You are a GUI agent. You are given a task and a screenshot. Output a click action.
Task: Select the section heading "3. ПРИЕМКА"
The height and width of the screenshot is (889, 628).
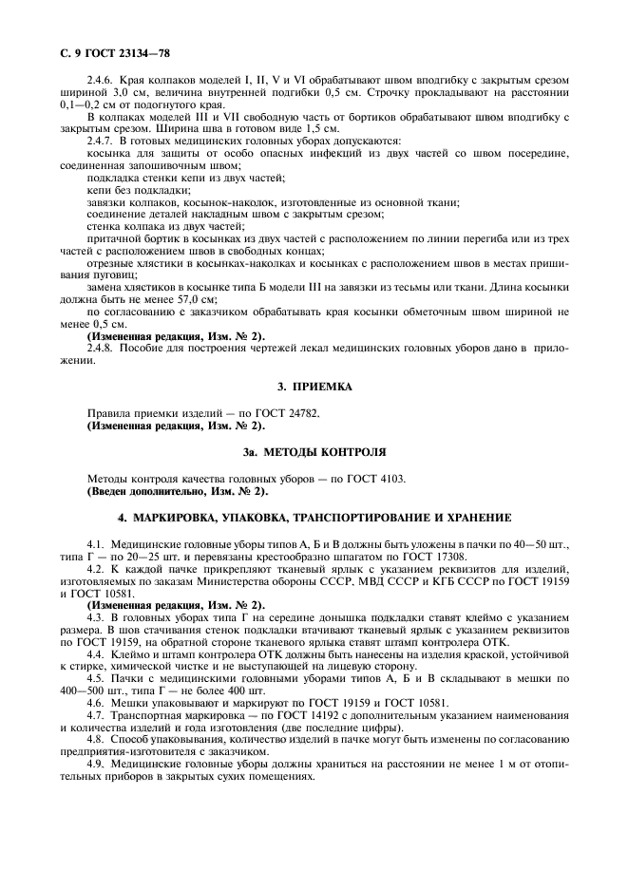[x=314, y=387]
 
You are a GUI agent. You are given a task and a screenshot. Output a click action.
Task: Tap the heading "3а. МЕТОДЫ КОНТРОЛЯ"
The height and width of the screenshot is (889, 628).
[x=314, y=451]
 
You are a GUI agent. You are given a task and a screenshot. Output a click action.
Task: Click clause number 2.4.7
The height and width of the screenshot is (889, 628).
[x=102, y=142]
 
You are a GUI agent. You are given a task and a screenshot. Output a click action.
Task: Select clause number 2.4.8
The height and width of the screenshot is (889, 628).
[x=102, y=350]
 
